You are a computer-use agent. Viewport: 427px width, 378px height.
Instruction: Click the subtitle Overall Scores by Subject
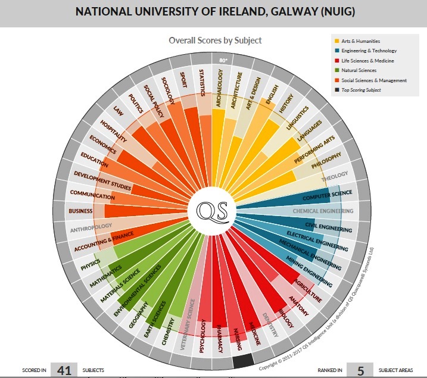click(x=215, y=40)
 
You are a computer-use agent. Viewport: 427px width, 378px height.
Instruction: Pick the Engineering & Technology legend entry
click(x=370, y=51)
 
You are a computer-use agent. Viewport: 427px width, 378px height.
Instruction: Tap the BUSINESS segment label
click(x=81, y=211)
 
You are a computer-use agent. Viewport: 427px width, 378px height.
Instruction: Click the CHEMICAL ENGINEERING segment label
click(x=323, y=211)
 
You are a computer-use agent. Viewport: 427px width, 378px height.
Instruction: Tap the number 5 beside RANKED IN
click(x=360, y=370)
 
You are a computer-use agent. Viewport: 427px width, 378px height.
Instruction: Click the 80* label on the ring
click(x=223, y=61)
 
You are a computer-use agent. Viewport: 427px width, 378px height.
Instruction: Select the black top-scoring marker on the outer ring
click(x=244, y=360)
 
